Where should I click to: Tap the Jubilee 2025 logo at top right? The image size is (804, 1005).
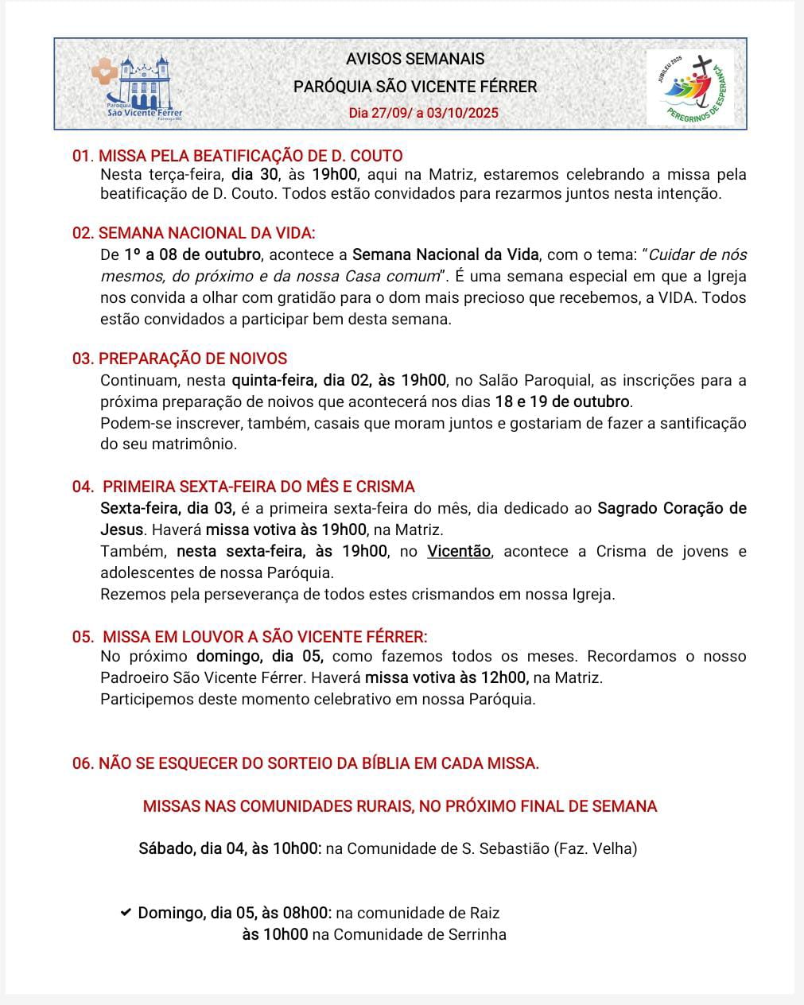pyautogui.click(x=689, y=86)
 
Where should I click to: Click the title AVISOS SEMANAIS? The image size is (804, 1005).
pyautogui.click(x=415, y=59)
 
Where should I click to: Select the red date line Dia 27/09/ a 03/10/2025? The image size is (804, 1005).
pyautogui.click(x=423, y=113)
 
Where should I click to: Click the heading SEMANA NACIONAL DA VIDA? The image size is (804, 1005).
pyautogui.click(x=206, y=233)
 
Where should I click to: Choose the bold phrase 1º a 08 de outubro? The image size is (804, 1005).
pyautogui.click(x=192, y=255)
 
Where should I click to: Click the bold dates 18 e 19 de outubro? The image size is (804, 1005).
pyautogui.click(x=562, y=402)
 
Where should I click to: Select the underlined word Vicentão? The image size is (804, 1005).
pyautogui.click(x=459, y=551)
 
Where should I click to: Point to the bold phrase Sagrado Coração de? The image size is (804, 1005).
pyautogui.click(x=672, y=508)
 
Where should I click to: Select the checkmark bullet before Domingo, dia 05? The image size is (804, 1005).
pyautogui.click(x=126, y=913)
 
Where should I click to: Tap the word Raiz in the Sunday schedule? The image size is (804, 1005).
pyautogui.click(x=485, y=913)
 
